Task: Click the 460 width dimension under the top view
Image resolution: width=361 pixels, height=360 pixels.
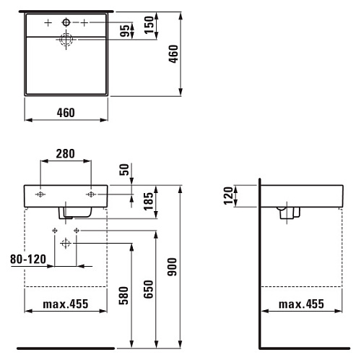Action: point(66,113)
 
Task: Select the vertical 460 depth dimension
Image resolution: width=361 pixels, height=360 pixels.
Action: point(173,54)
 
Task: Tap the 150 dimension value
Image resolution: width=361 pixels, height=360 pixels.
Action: point(149,25)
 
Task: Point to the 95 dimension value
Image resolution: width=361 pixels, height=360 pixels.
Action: point(125,30)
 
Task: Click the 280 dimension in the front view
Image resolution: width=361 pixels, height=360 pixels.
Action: point(65,154)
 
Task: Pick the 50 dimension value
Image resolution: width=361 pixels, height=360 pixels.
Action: point(124,170)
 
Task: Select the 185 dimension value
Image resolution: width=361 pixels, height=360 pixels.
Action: point(149,201)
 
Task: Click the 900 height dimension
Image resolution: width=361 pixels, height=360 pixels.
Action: point(172,267)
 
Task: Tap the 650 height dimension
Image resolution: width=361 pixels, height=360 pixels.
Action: point(149,289)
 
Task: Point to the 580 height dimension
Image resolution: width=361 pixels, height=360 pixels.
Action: point(123,296)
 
